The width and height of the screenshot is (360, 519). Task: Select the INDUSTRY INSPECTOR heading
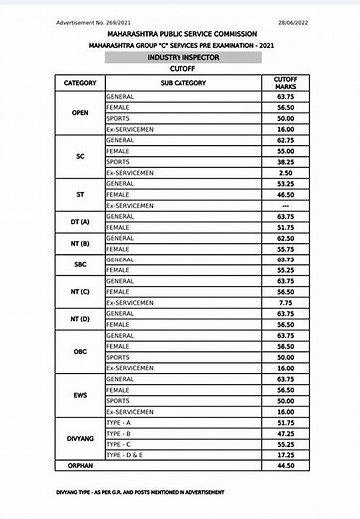click(x=180, y=58)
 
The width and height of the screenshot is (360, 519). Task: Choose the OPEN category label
click(x=80, y=112)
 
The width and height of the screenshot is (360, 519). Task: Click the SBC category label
click(x=80, y=263)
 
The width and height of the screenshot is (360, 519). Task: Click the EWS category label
click(x=80, y=395)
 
